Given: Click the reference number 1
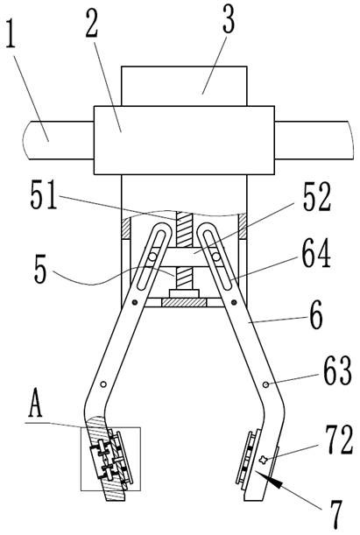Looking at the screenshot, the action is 11,34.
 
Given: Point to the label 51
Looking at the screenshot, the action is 43,197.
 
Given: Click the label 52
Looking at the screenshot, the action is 317,198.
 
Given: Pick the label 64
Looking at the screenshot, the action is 317,253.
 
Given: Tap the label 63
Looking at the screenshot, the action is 337,371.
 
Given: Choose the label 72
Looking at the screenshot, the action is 338,440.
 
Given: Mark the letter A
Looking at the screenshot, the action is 36,406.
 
